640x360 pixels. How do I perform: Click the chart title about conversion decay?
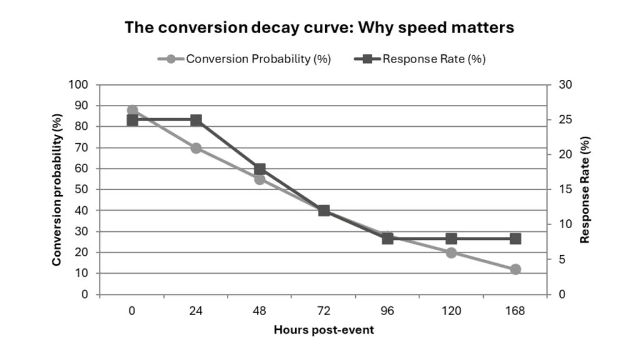(x=319, y=27)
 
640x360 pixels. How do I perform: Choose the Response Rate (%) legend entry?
(x=420, y=59)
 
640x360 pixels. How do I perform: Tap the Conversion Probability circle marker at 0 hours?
(x=132, y=110)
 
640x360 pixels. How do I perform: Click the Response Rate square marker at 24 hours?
(x=196, y=120)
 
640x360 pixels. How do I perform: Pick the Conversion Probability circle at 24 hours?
(x=196, y=148)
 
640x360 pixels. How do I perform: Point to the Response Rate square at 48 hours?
(x=260, y=169)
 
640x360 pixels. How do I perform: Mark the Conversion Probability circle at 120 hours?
(x=451, y=252)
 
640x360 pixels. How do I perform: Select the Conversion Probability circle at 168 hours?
(x=515, y=269)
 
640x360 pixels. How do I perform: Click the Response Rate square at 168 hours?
(x=515, y=239)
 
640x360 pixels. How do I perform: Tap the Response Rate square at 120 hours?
(x=451, y=239)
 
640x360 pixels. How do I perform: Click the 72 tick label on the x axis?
(x=324, y=311)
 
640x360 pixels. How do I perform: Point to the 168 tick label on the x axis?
(x=515, y=311)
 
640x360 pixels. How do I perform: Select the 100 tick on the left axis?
(x=82, y=84)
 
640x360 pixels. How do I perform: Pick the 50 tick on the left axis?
(x=85, y=189)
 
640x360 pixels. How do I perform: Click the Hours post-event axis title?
(x=324, y=330)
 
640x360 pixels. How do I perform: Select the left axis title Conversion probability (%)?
(x=57, y=189)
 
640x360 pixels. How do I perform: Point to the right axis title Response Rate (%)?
(x=585, y=189)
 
